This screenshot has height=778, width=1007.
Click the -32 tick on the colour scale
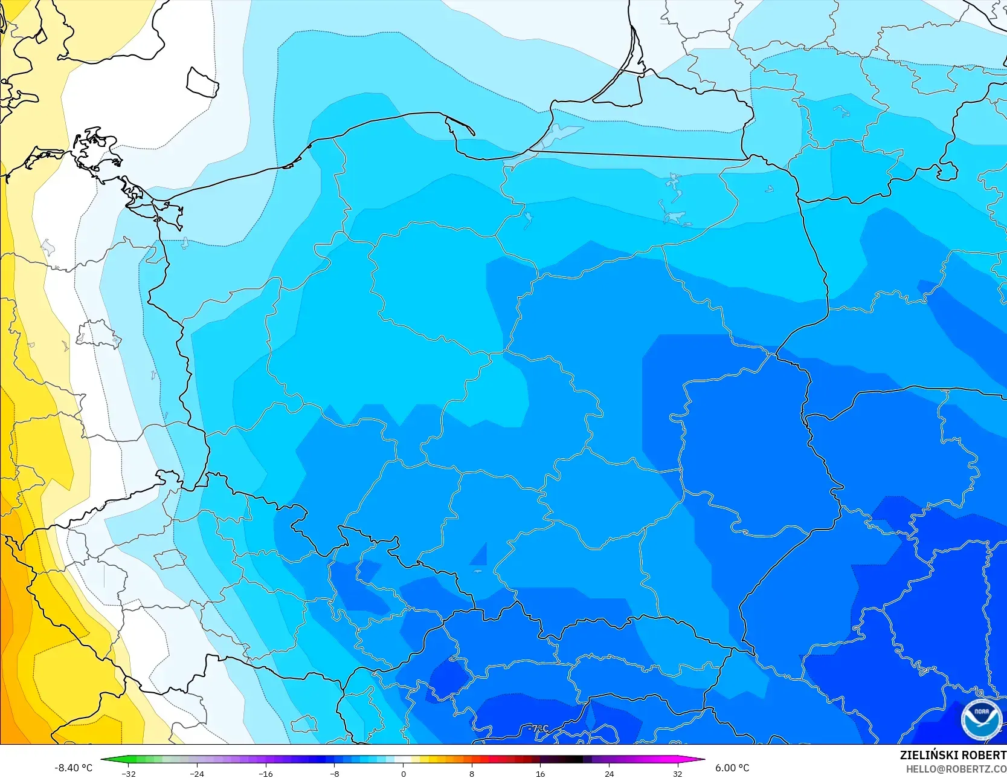[129, 773]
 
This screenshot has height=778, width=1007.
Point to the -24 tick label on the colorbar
[197, 773]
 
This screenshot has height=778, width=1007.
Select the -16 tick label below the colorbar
[266, 773]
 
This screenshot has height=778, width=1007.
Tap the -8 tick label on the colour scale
[335, 773]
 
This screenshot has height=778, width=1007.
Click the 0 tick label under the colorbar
[404, 773]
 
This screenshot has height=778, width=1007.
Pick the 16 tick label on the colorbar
[541, 773]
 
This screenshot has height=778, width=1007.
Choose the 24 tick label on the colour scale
[609, 773]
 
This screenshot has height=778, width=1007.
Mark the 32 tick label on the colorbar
[678, 773]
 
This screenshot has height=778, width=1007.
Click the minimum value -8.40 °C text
[74, 768]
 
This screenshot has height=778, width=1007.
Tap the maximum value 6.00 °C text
[732, 768]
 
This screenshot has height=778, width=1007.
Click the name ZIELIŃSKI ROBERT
[953, 755]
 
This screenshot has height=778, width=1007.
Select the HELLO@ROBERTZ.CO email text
[956, 769]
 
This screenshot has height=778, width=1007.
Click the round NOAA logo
[981, 719]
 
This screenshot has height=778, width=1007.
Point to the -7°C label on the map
[538, 728]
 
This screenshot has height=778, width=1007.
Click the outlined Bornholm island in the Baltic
[202, 83]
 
